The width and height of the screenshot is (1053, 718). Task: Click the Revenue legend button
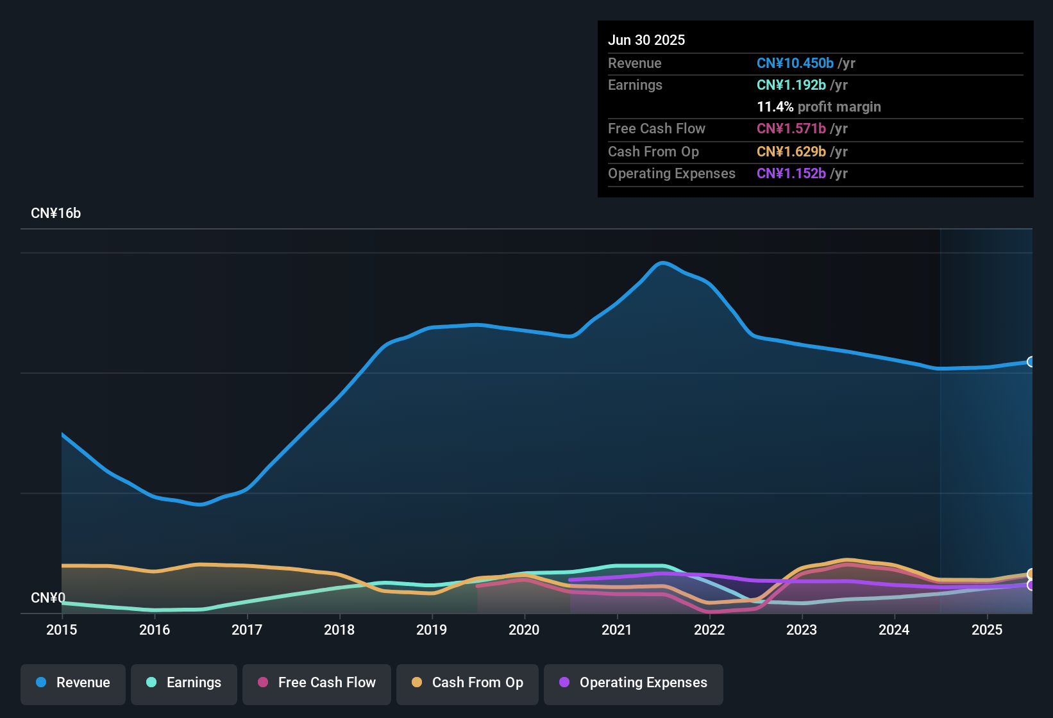73,683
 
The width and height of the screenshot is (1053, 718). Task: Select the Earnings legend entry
184,683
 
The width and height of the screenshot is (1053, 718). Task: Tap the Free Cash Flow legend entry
317,683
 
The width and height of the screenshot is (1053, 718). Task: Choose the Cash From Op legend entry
468,683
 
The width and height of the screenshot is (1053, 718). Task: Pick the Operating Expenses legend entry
634,683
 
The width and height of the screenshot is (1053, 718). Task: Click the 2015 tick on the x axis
62,630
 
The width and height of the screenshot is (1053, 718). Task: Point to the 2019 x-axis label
432,630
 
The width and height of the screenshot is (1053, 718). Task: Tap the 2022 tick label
709,630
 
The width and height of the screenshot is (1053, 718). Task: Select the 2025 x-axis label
987,630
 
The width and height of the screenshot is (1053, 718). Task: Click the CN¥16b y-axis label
56,213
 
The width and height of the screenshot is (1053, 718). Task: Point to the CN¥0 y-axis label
48,597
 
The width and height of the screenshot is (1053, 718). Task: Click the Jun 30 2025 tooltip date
646,40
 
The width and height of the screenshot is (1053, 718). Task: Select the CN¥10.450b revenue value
795,63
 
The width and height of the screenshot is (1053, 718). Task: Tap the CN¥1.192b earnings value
791,85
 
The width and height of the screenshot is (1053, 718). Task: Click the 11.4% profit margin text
818,107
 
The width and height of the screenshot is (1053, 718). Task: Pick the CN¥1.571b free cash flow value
791,129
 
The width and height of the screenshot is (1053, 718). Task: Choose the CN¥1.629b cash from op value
791,152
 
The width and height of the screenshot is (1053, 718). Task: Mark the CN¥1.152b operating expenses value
791,174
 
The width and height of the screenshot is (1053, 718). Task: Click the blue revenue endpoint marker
1031,362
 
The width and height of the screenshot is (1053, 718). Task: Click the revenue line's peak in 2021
663,262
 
